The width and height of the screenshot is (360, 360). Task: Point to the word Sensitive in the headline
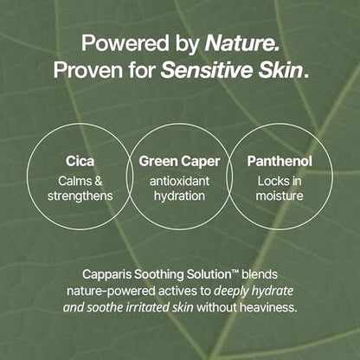[207, 69]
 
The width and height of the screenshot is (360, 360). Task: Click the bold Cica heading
[80, 161]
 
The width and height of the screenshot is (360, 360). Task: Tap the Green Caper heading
[180, 161]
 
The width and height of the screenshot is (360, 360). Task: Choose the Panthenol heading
[279, 161]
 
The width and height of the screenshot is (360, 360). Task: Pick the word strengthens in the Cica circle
[81, 196]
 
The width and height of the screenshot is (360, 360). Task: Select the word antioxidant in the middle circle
[180, 181]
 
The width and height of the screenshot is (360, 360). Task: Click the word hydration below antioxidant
[180, 196]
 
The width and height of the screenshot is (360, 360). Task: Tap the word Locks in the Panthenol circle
[272, 181]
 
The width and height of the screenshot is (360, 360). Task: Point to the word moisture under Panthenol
[279, 196]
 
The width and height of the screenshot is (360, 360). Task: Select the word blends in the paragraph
[260, 273]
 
